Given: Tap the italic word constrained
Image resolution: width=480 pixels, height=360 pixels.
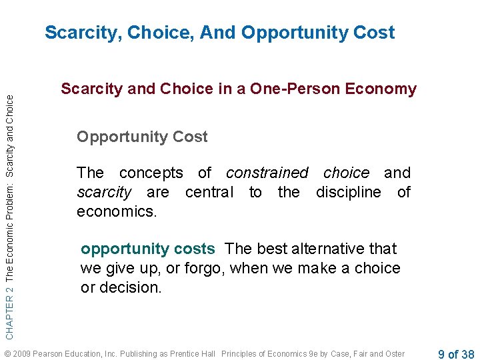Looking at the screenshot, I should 267,173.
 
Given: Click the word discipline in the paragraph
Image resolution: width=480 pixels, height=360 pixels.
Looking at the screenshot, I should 350,193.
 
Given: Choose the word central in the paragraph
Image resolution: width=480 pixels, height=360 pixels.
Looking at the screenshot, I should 209,193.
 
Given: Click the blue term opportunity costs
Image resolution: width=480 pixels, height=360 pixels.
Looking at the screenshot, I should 147,249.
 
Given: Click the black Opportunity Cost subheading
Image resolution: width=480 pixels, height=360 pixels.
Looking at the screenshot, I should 142,137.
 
